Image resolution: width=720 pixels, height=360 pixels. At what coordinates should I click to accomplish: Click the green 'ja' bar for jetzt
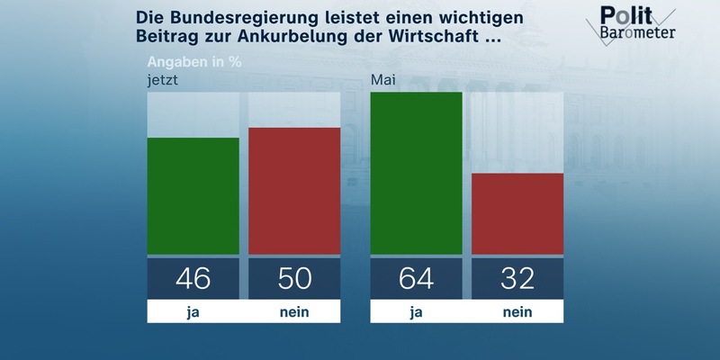[193, 195]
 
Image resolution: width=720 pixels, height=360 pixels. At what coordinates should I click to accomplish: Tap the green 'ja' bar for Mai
[416, 173]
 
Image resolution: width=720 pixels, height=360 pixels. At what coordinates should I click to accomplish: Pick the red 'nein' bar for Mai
[517, 213]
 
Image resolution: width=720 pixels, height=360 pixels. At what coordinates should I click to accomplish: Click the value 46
[193, 278]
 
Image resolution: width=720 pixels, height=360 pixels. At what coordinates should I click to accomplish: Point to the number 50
[293, 278]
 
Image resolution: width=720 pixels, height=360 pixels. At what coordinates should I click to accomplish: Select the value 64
[416, 278]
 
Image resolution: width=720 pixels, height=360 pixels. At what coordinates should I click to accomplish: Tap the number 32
[517, 278]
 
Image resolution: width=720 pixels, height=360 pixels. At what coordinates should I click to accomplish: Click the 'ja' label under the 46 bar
[193, 311]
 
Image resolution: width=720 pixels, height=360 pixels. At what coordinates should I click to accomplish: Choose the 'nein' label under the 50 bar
[293, 311]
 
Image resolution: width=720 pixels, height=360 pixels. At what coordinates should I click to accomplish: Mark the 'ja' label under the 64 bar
[416, 311]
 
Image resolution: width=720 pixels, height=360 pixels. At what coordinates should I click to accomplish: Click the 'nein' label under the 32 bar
[517, 311]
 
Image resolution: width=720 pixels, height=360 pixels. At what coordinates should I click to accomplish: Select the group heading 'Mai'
[384, 81]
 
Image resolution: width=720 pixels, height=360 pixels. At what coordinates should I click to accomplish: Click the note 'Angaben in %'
[194, 63]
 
